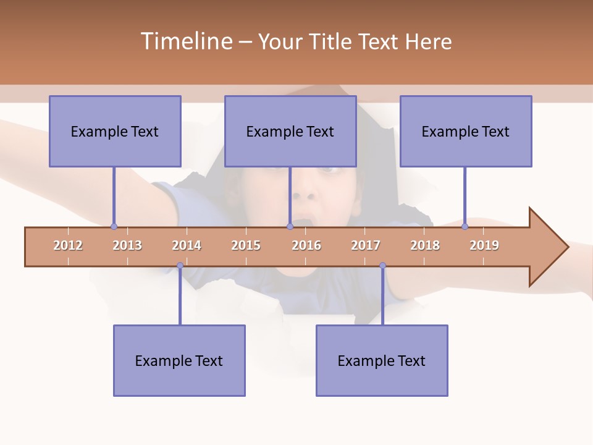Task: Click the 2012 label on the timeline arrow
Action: tap(68, 245)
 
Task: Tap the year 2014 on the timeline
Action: tap(187, 245)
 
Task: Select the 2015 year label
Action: tap(246, 245)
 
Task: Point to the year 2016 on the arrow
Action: tap(306, 245)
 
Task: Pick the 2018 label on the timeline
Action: tap(425, 245)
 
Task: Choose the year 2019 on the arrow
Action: tap(484, 245)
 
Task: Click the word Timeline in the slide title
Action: tap(185, 41)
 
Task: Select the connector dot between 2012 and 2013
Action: tap(114, 226)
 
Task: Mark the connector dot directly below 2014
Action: tap(180, 266)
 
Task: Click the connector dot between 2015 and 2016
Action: tap(290, 226)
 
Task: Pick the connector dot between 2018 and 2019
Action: tap(465, 226)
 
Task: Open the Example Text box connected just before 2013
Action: tap(115, 131)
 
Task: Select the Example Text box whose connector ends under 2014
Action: tap(179, 360)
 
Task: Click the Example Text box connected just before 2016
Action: tap(290, 131)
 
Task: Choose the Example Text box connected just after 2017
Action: tap(382, 360)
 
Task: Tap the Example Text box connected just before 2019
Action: tap(466, 131)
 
